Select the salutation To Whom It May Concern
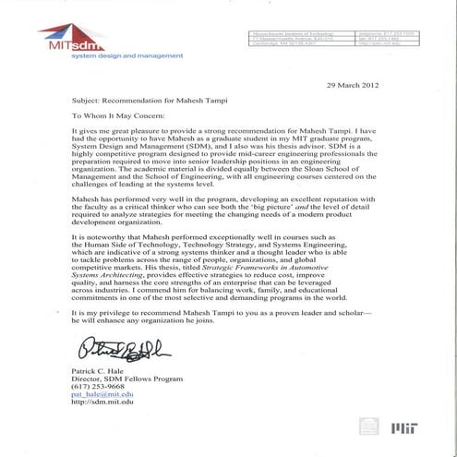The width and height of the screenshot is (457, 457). pyautogui.click(x=114, y=116)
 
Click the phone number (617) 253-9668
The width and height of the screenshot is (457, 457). pyautogui.click(x=96, y=387)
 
